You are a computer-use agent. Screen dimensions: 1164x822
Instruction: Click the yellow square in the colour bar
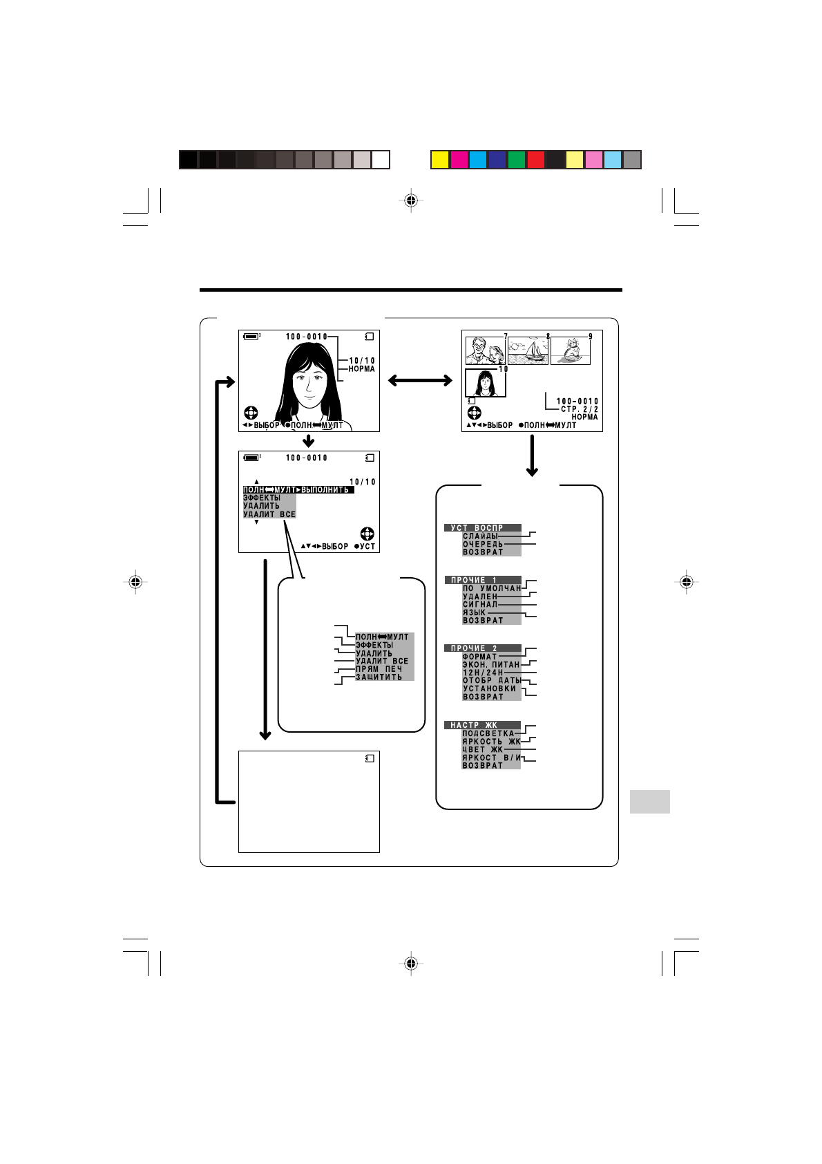(440, 160)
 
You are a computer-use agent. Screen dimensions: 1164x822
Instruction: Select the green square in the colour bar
(517, 160)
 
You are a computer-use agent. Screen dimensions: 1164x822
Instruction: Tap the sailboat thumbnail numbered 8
(528, 351)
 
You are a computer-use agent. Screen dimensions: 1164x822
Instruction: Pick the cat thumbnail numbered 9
(570, 351)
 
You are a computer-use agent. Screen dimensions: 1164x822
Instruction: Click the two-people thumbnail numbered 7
(486, 351)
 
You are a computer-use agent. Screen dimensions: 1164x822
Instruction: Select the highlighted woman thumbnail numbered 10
(485, 383)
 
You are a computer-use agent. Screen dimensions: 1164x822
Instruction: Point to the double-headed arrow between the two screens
(420, 380)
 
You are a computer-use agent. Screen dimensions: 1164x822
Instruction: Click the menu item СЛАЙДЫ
(480, 536)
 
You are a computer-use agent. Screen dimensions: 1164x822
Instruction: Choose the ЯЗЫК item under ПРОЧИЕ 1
(474, 612)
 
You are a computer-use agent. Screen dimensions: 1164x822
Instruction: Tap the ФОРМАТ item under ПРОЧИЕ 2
(479, 657)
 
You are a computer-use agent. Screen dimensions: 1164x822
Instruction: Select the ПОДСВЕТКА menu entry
(488, 733)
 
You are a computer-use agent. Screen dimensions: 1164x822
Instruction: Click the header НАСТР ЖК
(474, 725)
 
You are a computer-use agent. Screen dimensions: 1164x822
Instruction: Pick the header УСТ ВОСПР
(477, 528)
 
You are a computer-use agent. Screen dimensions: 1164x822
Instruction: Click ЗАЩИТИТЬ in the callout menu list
(379, 677)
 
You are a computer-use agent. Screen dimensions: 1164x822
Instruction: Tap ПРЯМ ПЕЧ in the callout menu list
(379, 669)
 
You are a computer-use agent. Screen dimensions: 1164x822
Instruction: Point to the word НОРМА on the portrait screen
(361, 369)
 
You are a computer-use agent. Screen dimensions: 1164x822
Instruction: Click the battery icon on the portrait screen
(251, 337)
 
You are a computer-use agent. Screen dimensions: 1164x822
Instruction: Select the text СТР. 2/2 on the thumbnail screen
(579, 409)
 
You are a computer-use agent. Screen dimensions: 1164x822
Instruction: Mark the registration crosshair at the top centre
(411, 200)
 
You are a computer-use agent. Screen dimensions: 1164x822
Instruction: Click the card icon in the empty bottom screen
(370, 758)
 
